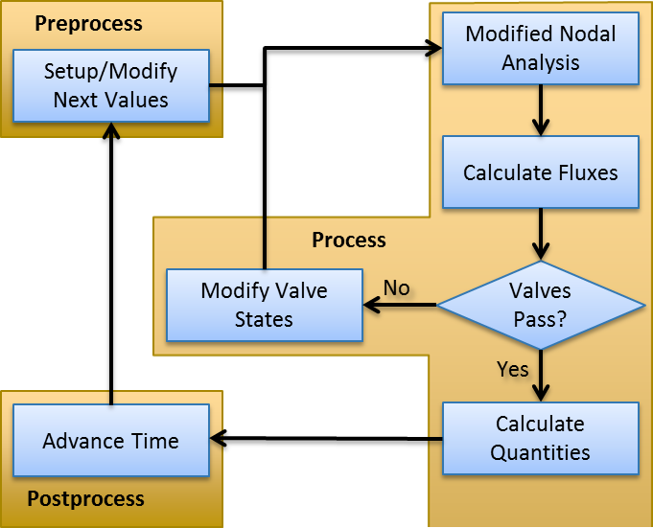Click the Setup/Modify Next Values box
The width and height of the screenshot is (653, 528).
tap(110, 86)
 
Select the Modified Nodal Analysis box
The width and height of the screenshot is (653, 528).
tap(540, 49)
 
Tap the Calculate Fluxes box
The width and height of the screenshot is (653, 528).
tap(540, 172)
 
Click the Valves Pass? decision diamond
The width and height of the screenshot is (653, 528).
tap(540, 306)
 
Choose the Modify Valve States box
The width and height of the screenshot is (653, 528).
tap(264, 305)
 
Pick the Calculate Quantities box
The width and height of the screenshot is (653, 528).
tap(540, 438)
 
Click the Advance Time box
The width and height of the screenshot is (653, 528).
tap(110, 441)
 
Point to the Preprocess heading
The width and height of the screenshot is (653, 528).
tap(88, 23)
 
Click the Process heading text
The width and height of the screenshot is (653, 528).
tap(349, 240)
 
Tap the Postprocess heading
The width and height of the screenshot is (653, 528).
tap(85, 498)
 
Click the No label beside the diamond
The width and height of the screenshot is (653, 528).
tap(397, 287)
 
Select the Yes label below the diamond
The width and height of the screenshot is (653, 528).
tap(512, 369)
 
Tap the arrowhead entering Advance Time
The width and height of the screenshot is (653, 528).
tap(220, 441)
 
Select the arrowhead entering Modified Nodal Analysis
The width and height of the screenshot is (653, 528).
tap(431, 47)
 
